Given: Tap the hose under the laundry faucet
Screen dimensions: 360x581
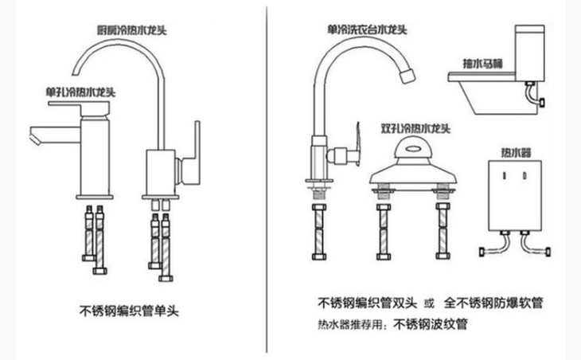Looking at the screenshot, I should point(318,232).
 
